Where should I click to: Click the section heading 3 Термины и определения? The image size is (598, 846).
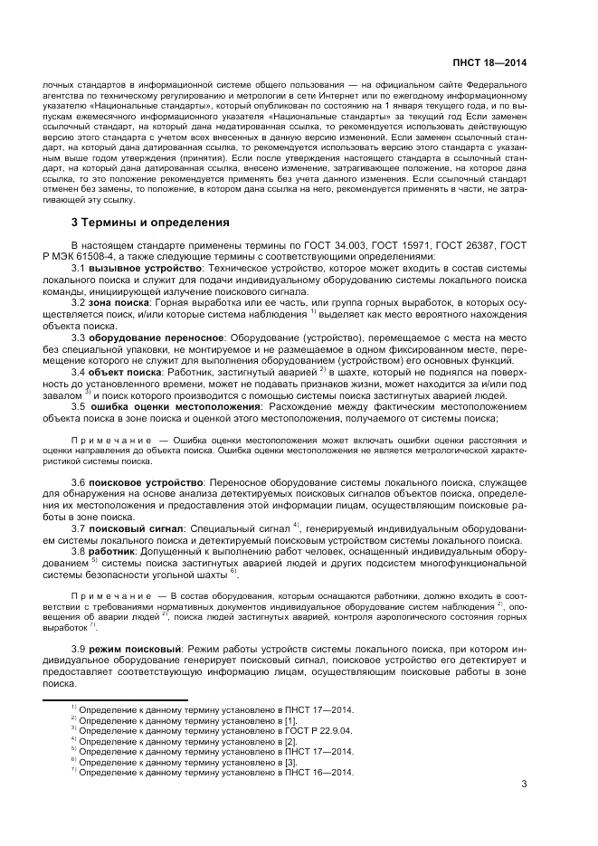tap(149, 222)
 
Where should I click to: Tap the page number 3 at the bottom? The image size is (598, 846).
tap(524, 785)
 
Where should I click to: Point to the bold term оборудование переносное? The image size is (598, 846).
tap(154, 337)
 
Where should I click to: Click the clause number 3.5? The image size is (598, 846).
tap(78, 405)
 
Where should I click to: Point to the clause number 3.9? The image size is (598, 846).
tap(78, 651)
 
